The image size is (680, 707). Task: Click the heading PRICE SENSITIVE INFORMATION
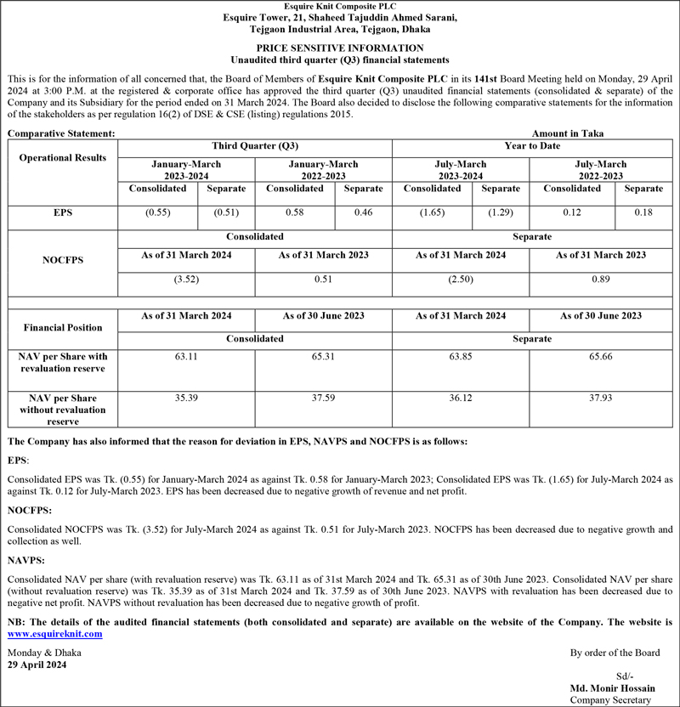[x=340, y=48]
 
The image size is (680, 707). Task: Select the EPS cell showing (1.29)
[x=500, y=212]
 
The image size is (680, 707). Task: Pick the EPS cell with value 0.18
[x=643, y=212]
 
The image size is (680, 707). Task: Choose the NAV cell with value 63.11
[x=186, y=357]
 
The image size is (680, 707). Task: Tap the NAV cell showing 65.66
[x=600, y=357]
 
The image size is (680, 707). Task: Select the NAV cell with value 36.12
[x=461, y=398]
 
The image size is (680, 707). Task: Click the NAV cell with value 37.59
[x=323, y=398]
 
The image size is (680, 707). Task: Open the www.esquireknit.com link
[x=54, y=634]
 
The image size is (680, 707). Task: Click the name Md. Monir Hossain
[x=611, y=687]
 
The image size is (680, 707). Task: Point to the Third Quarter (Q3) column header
[x=255, y=146]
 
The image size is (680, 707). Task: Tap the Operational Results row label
[x=63, y=158]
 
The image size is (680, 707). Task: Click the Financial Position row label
[x=63, y=327]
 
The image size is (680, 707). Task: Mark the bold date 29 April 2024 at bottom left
[x=36, y=665]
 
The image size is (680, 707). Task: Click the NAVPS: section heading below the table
[x=27, y=560]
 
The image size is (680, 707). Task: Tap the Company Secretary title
[x=610, y=700]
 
